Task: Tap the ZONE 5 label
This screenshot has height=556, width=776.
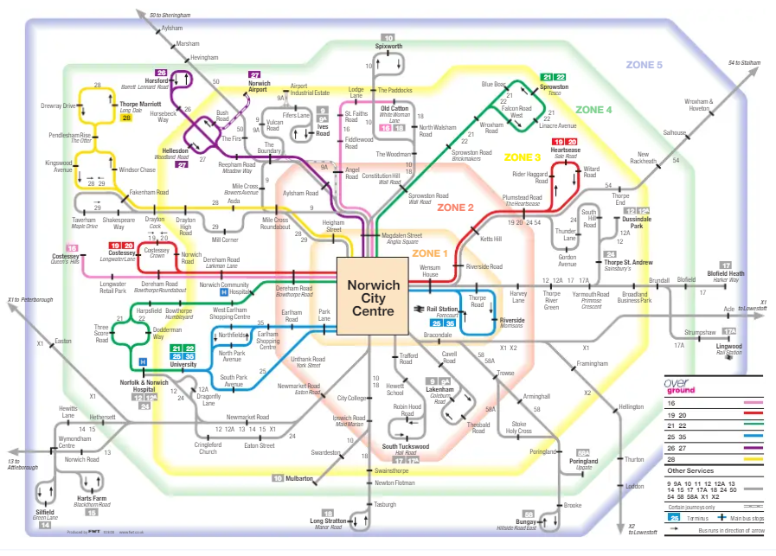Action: [x=644, y=66]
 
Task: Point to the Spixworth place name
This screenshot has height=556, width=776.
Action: [x=389, y=46]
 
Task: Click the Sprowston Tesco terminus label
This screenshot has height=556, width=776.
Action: [x=554, y=89]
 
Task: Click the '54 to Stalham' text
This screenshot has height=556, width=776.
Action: [x=745, y=63]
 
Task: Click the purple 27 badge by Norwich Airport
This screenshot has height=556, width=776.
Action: [x=254, y=75]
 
